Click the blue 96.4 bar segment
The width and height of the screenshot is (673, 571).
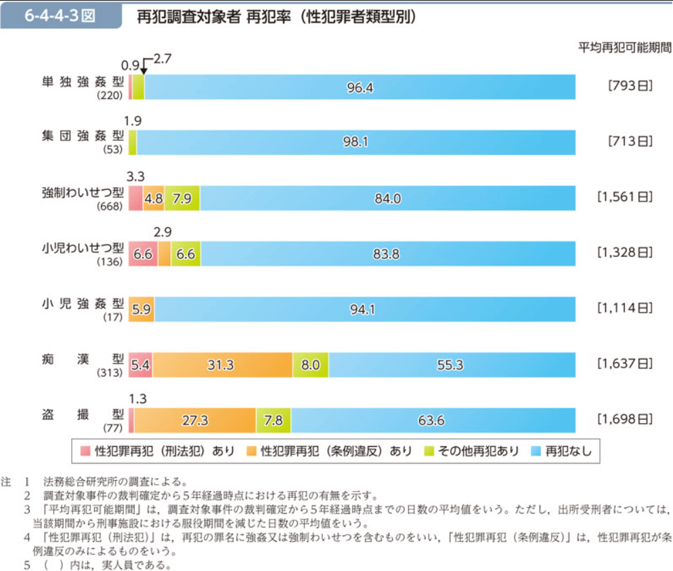click(x=360, y=87)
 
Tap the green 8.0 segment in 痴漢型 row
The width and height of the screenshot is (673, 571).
click(x=310, y=365)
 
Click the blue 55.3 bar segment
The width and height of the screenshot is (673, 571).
click(x=451, y=365)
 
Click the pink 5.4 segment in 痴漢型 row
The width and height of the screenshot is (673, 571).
click(x=139, y=365)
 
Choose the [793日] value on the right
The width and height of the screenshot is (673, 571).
click(x=629, y=86)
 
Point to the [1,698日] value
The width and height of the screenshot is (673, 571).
click(x=624, y=420)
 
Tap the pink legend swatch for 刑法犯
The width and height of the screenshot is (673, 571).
click(x=85, y=450)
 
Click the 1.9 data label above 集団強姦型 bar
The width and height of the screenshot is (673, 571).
click(x=133, y=121)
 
